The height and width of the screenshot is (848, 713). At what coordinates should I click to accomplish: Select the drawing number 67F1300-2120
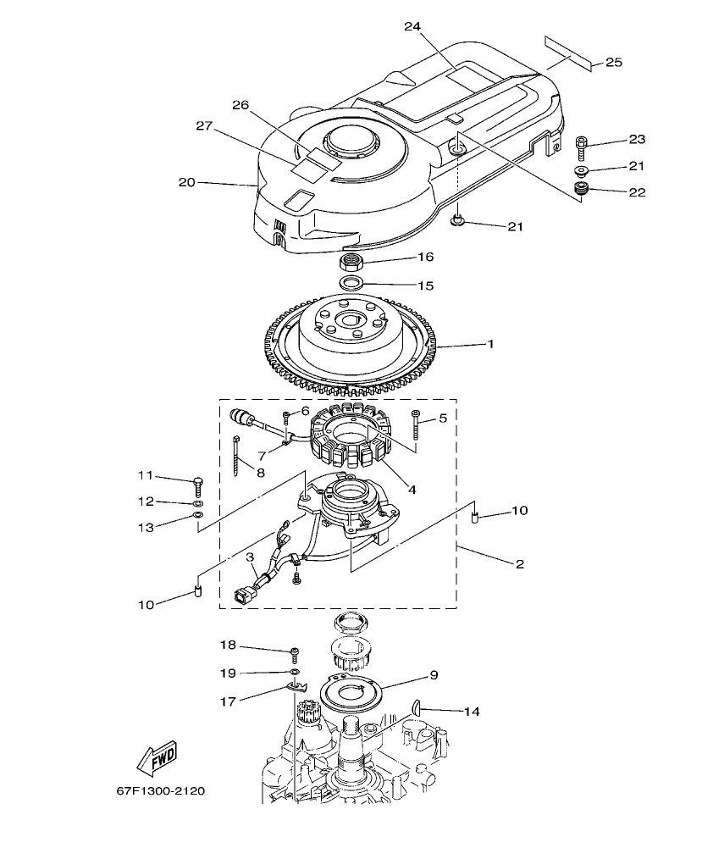point(161,791)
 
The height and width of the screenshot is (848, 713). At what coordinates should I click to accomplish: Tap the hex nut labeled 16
point(354,259)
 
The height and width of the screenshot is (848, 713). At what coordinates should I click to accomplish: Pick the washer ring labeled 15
point(353,281)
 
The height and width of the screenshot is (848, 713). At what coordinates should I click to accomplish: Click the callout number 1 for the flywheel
point(489,346)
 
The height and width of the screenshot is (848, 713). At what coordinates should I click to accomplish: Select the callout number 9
point(433,675)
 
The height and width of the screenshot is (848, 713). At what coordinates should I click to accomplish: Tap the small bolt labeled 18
point(295,652)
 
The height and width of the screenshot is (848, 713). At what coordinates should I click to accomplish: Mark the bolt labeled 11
point(198,484)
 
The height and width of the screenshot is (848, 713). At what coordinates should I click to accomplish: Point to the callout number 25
point(614,63)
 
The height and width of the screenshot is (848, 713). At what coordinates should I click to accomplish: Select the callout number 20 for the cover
point(186,181)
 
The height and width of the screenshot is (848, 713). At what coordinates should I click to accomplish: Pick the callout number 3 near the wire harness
point(250,557)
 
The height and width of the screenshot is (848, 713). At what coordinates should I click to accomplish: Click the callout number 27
point(203,125)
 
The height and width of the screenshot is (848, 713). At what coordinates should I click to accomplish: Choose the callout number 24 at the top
point(412,26)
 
